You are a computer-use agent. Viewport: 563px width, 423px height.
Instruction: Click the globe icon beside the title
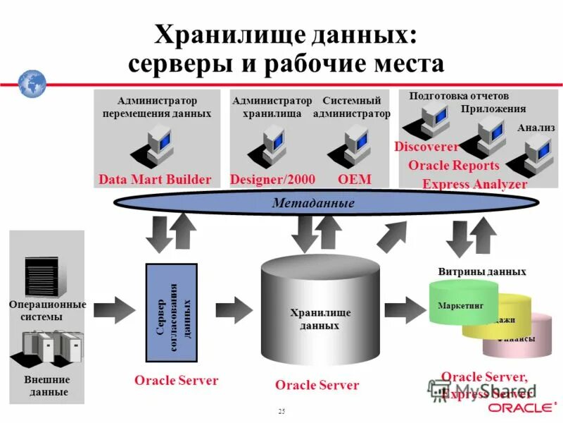(32, 84)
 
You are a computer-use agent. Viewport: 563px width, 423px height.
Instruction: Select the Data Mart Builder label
(155, 180)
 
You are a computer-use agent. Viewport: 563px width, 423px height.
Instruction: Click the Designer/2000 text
(272, 180)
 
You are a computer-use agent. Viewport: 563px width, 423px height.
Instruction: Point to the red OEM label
(354, 180)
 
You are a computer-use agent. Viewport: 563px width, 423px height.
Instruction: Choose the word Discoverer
(426, 147)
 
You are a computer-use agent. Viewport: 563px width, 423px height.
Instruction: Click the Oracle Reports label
(454, 166)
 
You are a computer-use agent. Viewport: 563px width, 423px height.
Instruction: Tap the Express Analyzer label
(474, 184)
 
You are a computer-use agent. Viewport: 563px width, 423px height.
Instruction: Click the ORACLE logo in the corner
(521, 408)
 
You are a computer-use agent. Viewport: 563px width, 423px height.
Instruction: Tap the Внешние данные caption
(47, 386)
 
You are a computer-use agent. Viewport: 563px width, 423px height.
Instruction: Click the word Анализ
(536, 128)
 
